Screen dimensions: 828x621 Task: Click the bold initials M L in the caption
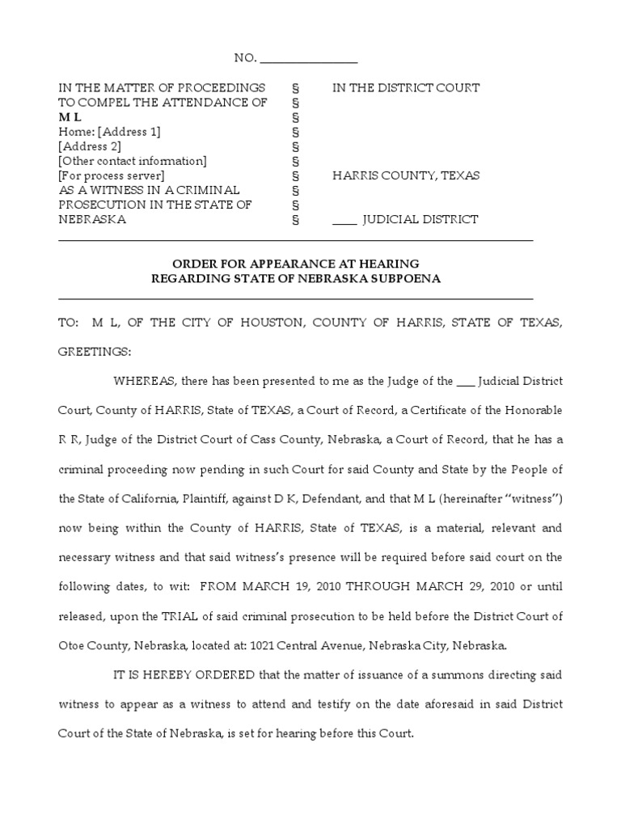pos(70,117)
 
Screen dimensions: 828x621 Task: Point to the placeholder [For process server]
pos(112,175)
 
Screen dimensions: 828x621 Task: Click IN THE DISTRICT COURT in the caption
pos(406,87)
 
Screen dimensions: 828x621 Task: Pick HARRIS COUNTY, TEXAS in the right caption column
pos(406,175)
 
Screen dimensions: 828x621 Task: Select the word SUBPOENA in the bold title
pos(408,279)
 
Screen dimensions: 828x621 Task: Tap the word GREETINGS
pos(94,353)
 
